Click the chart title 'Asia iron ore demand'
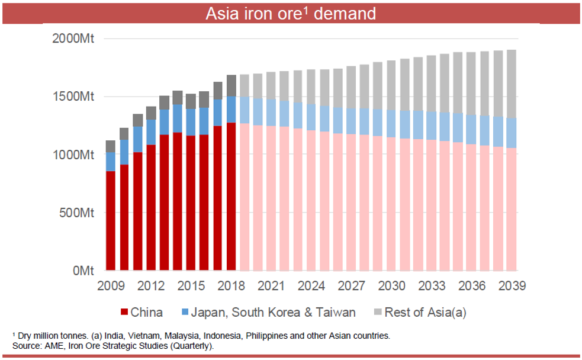pos(290,13)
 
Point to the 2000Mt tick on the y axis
pos(72,39)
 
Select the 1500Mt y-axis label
pos(72,97)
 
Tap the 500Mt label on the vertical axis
pos(75,213)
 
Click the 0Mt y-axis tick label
pos(82,271)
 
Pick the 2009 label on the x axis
pos(111,285)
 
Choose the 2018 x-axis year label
pos(230,285)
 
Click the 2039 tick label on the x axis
pos(512,285)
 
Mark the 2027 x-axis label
pos(351,285)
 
